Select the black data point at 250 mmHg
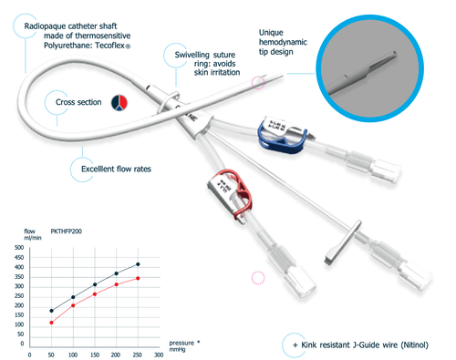coord(137,264)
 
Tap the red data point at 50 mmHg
coord(51,323)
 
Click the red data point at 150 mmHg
coord(94,294)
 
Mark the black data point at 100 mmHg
coord(73,297)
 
